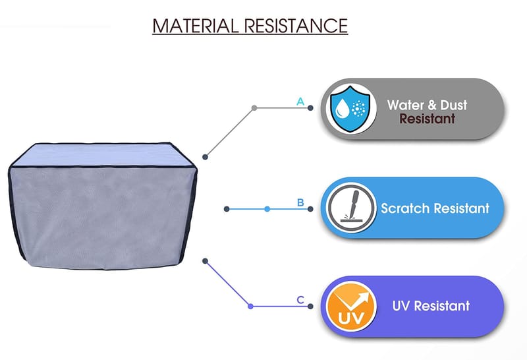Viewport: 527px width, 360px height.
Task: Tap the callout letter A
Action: coord(300,102)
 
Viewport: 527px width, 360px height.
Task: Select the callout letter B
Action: coord(300,202)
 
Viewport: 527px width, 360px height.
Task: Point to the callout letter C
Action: coord(300,300)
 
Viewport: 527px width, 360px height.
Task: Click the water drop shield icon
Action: coord(348,108)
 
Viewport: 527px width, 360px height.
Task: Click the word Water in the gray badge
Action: coord(404,105)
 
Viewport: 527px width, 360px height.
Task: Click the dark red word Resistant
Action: coord(428,119)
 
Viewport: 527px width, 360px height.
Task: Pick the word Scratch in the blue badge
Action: coord(404,208)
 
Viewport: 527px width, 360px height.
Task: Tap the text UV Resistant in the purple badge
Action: coord(431,306)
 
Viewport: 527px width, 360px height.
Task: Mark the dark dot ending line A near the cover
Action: coord(206,157)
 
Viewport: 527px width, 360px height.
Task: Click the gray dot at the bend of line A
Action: coord(254,107)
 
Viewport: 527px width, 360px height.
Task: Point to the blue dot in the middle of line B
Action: coord(267,209)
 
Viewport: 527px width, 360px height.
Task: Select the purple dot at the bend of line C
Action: coord(250,306)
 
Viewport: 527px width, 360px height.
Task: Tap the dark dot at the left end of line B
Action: coord(227,209)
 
